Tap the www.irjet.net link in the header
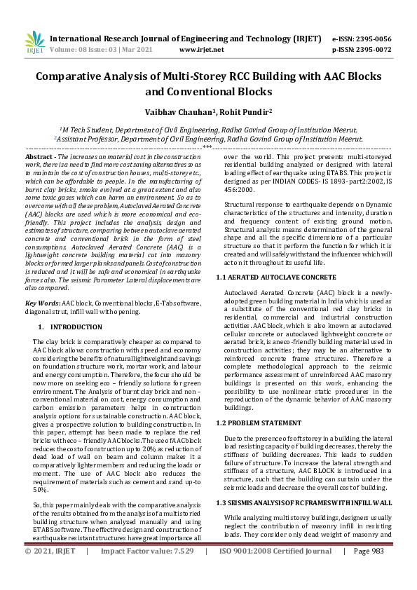(x=201, y=50)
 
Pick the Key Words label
(x=42, y=303)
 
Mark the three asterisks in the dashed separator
(x=208, y=148)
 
